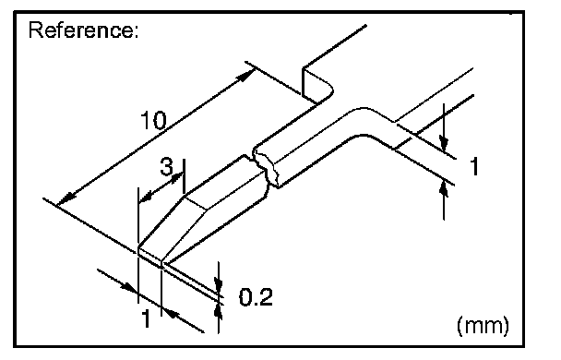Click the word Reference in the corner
(x=79, y=30)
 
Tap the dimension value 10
(x=153, y=120)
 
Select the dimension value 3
(x=166, y=166)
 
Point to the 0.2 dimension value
(x=256, y=296)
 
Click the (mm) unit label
(x=483, y=325)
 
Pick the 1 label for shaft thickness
(x=474, y=166)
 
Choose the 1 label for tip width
(x=146, y=318)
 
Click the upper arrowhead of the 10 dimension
(x=247, y=76)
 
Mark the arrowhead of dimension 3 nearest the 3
(x=176, y=177)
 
